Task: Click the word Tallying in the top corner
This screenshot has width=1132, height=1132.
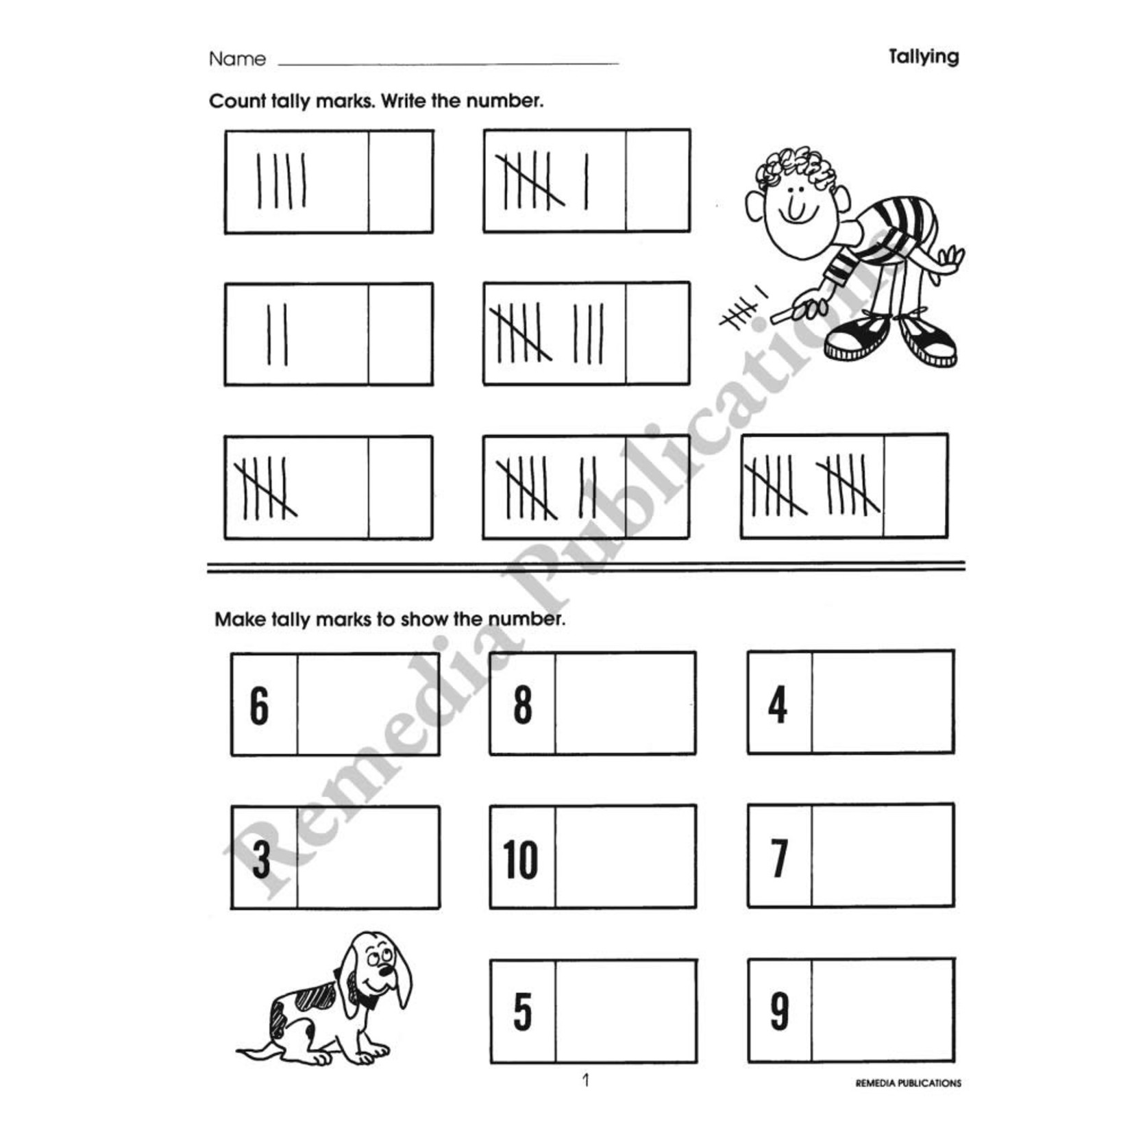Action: (x=923, y=57)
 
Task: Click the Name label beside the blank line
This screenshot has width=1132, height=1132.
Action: (x=237, y=60)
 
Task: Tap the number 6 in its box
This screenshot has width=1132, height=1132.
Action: (x=260, y=706)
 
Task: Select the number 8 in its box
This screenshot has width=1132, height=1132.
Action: (x=523, y=705)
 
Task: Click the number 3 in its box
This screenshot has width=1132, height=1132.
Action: (x=261, y=859)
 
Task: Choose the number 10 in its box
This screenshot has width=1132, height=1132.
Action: (x=521, y=859)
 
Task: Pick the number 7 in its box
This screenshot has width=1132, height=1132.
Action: (x=779, y=858)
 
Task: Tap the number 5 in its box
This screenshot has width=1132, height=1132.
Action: (x=523, y=1012)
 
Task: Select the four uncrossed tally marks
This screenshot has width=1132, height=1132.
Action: (x=282, y=182)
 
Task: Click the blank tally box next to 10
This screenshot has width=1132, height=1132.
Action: (x=625, y=857)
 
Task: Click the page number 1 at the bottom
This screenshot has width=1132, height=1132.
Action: (x=585, y=1081)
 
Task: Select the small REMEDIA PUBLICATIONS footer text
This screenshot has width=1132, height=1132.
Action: (x=908, y=1083)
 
